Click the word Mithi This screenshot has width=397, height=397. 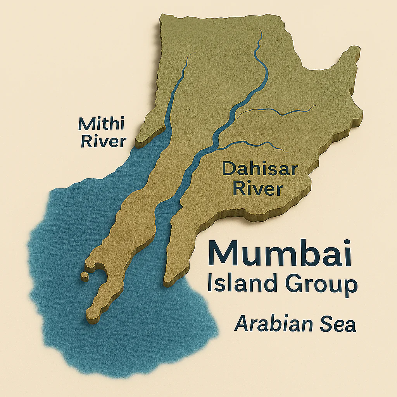click(102, 124)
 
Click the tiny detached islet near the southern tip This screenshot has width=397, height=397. click(84, 276)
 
